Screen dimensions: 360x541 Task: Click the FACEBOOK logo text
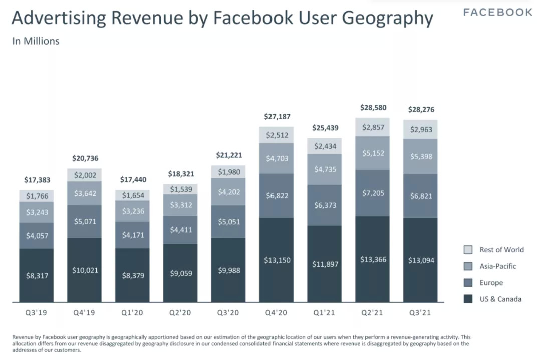click(497, 12)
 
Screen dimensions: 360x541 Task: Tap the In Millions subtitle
click(36, 41)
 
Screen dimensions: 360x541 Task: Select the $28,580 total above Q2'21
click(373, 108)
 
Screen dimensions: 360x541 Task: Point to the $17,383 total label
click(36, 180)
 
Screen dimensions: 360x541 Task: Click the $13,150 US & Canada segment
click(277, 260)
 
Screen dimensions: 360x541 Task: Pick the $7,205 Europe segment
click(373, 193)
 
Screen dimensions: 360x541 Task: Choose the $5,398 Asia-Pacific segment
click(420, 157)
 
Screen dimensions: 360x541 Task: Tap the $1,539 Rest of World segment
click(180, 189)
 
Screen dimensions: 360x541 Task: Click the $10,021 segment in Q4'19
click(85, 270)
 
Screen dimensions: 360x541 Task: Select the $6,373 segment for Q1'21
click(325, 205)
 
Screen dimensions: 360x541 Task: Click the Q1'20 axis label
click(132, 314)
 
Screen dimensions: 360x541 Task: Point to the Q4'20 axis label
click(277, 314)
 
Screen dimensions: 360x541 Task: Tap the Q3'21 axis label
click(420, 314)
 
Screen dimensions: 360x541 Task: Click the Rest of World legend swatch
click(468, 250)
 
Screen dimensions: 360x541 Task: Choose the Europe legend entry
click(491, 283)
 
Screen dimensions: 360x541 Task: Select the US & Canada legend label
click(500, 299)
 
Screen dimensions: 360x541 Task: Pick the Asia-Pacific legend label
click(497, 266)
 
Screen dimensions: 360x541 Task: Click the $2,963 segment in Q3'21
click(420, 129)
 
